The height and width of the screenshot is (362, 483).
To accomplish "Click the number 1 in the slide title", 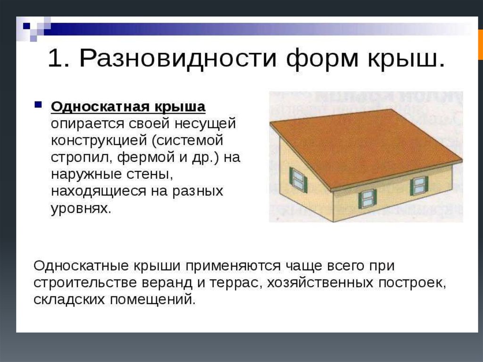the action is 55,58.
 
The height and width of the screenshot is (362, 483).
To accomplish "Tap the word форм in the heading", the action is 322,59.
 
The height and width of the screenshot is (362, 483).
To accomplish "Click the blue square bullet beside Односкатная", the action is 38,104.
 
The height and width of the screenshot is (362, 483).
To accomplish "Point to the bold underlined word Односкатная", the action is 100,107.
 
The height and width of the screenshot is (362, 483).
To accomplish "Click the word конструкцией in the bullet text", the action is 99,141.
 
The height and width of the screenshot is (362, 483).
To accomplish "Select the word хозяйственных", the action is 320,282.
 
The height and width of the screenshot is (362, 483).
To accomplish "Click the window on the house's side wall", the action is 298,180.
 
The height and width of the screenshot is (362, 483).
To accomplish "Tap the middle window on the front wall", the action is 367,199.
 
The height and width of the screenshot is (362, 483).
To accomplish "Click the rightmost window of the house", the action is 419,185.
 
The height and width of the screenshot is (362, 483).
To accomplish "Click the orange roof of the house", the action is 364,148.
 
